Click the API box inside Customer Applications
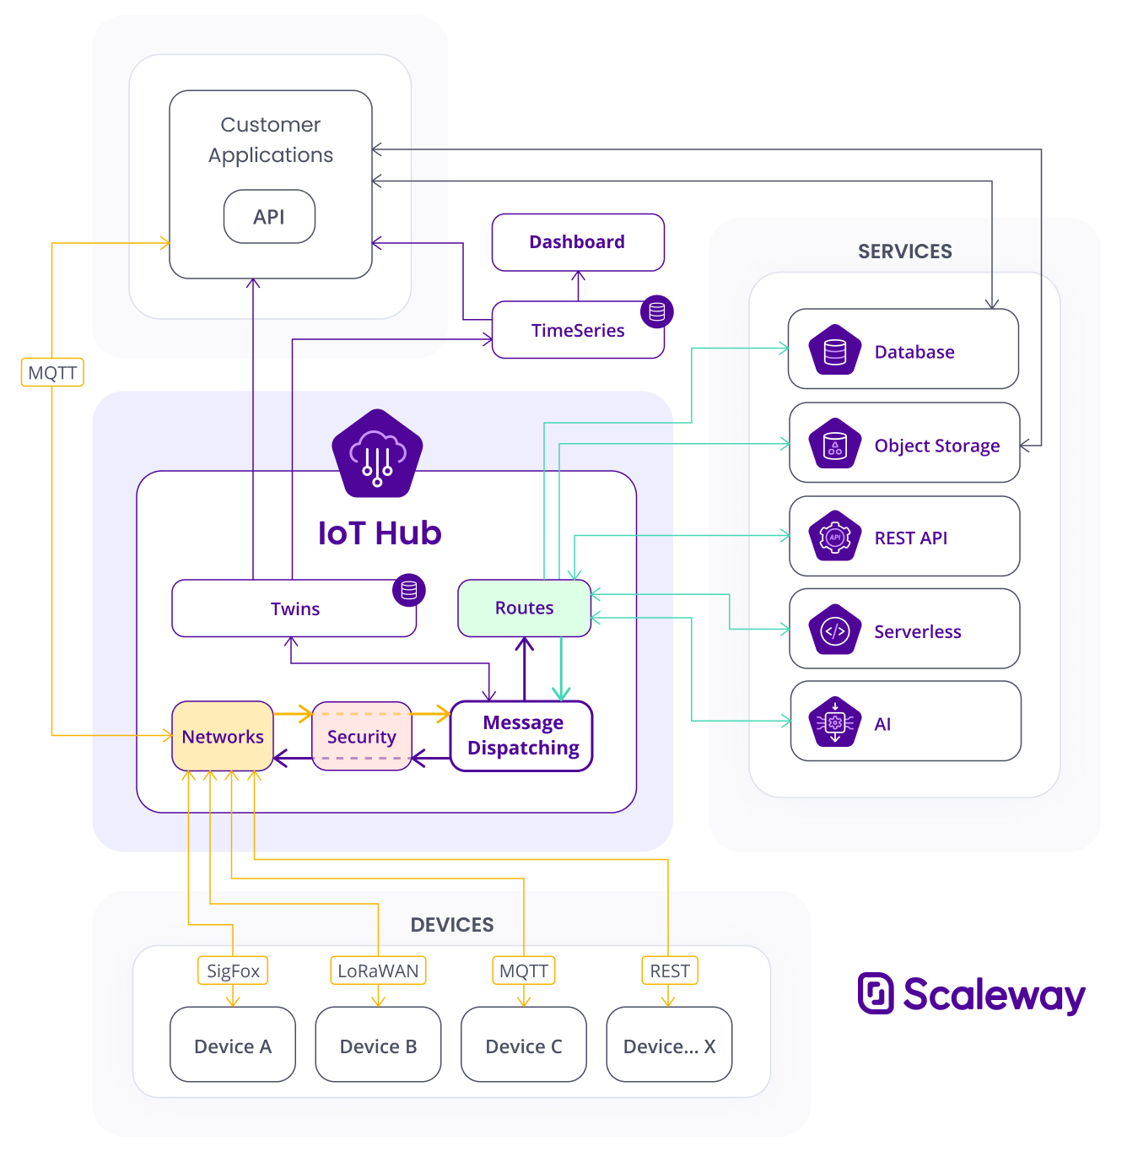[269, 217]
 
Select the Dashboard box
[578, 242]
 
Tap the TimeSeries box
[578, 330]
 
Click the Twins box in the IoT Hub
[294, 608]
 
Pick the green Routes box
[524, 608]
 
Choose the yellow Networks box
[223, 737]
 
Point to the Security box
[362, 737]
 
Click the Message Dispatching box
[522, 736]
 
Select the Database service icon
[835, 350]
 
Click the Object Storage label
[936, 446]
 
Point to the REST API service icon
[835, 537]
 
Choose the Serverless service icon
[835, 630]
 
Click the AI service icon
[835, 722]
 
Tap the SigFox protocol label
[233, 970]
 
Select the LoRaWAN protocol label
[378, 970]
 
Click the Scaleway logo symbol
[876, 993]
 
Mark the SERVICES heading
[904, 251]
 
